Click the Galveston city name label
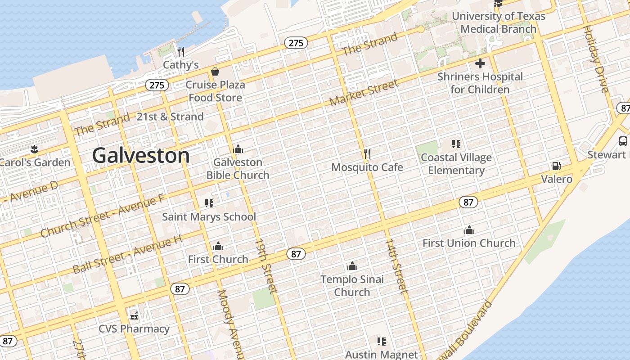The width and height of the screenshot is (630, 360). (x=140, y=156)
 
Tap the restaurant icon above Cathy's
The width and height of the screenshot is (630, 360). (x=181, y=51)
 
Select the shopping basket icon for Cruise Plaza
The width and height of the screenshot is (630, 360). (x=215, y=72)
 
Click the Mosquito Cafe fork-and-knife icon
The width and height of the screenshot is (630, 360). (x=367, y=154)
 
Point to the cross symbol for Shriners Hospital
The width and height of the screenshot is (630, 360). (x=480, y=63)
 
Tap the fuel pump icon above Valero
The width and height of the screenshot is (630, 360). (x=557, y=166)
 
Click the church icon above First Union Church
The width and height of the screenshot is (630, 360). (x=469, y=230)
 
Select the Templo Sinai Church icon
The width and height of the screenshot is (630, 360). (x=352, y=266)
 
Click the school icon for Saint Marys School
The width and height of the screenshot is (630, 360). (x=209, y=203)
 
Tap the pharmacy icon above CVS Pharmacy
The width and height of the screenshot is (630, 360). (x=134, y=315)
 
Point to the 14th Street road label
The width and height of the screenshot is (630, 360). (x=396, y=266)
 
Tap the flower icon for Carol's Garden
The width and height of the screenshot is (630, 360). (x=34, y=149)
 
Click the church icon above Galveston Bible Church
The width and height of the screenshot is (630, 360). (x=238, y=149)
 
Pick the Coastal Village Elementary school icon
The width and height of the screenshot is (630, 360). (x=456, y=144)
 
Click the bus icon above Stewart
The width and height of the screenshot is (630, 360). (x=623, y=141)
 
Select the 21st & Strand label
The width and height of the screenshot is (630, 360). (x=170, y=117)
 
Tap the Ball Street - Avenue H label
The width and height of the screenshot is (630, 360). (x=127, y=255)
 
